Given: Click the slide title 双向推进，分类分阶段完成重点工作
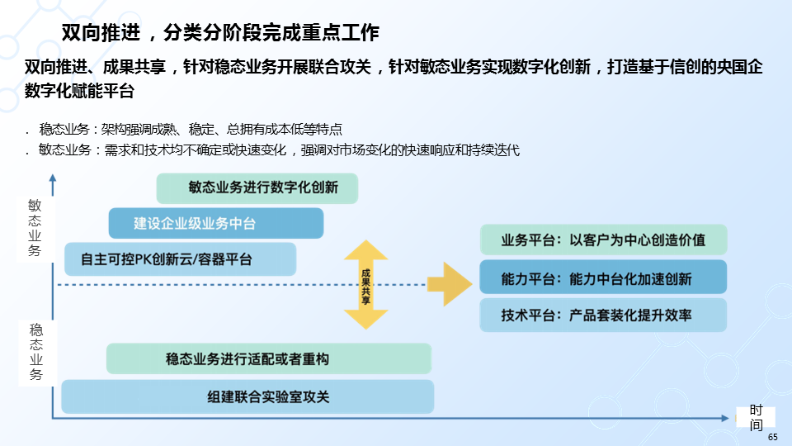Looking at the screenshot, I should [220, 33].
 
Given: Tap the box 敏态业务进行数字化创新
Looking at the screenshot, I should [257, 187].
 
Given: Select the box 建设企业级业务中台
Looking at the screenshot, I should [215, 223].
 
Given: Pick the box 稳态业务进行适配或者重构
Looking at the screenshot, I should [269, 359].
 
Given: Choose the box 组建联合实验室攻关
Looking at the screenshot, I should [247, 396].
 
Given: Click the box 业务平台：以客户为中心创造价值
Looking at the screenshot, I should [603, 240].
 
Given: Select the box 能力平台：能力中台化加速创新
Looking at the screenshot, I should [603, 278].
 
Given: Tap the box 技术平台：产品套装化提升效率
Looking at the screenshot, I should [603, 315].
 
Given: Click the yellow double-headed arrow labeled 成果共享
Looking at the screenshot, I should [365, 286].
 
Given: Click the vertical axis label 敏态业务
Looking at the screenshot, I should [34, 227].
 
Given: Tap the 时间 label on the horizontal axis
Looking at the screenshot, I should [756, 418].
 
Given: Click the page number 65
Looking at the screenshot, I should [772, 437].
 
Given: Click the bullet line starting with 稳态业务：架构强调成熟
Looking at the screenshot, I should [190, 130].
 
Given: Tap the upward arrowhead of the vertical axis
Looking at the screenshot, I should [53, 179].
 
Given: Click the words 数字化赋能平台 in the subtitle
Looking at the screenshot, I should [79, 92].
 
